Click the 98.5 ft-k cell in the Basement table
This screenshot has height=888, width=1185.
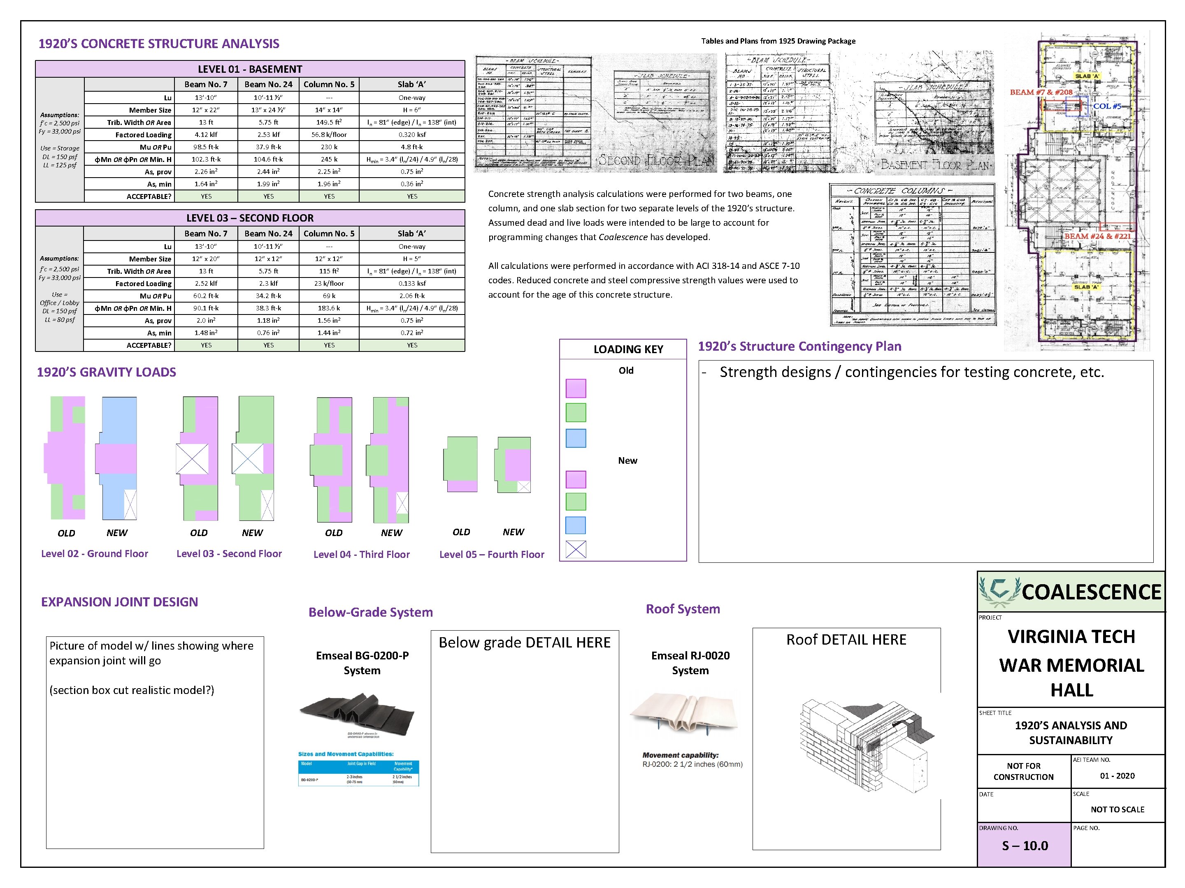[x=206, y=147]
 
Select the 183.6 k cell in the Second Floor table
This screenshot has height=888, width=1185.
[x=329, y=308]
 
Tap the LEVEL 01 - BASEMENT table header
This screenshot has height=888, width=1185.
[x=250, y=69]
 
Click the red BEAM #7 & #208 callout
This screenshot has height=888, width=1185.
[x=1041, y=92]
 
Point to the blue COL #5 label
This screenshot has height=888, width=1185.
[x=1107, y=106]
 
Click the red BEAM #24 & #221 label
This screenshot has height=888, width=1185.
[x=1097, y=236]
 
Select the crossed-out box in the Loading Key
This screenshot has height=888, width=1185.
[x=576, y=549]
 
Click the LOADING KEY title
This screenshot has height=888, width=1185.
[x=628, y=349]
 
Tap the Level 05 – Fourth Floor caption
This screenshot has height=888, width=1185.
[x=491, y=555]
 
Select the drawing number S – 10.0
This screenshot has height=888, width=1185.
[x=1024, y=846]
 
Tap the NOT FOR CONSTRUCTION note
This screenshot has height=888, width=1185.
[x=1023, y=771]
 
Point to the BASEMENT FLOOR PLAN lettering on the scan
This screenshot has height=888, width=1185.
[x=935, y=165]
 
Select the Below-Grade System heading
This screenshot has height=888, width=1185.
[x=370, y=612]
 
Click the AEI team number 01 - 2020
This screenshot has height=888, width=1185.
[x=1117, y=776]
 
